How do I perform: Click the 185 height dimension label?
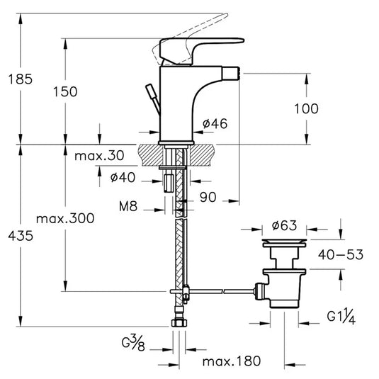tap(20, 79)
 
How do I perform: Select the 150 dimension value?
tap(65, 91)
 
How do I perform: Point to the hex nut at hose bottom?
tap(180, 322)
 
